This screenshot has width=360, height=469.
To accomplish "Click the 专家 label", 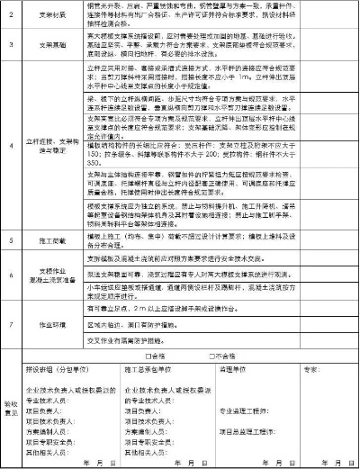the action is [x=311, y=369].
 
